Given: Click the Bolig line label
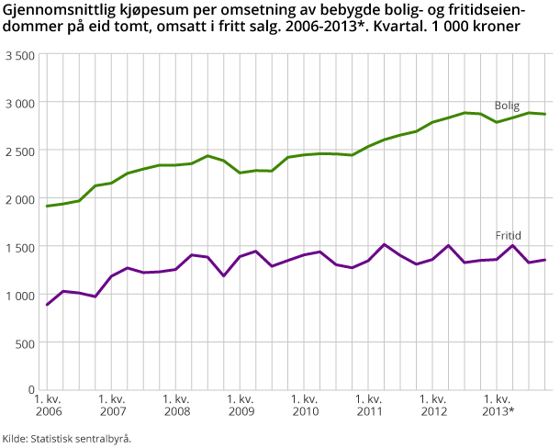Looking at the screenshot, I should coord(508,106).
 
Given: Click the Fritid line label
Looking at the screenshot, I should coord(508,236).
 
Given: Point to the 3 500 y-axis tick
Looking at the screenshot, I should coord(19,55).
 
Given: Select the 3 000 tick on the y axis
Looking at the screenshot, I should coord(19,103).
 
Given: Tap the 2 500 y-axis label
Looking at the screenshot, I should coord(19,151).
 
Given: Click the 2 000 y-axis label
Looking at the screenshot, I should coord(19,199).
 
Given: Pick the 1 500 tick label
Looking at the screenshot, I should coord(19,247).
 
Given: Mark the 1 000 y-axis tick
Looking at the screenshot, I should coord(19,295).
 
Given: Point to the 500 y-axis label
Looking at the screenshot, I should coord(25,342).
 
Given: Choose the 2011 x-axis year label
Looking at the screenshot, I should coord(368,412).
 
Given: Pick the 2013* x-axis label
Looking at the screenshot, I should coord(498,412).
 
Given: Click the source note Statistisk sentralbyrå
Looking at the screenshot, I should coord(80,438).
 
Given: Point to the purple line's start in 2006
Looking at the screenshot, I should coord(47,305).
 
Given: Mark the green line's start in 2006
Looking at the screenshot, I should coord(47,207).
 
